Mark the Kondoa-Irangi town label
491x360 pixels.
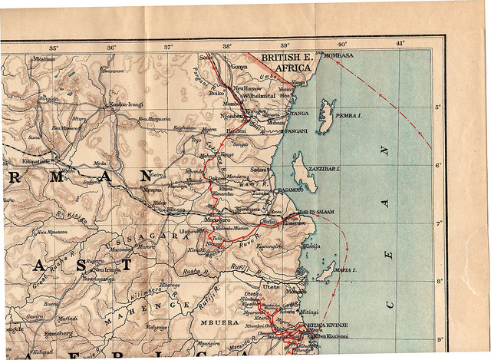pyautogui.click(x=127, y=104)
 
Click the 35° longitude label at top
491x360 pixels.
pyautogui.click(x=53, y=48)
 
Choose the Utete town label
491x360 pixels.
pyautogui.click(x=271, y=286)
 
